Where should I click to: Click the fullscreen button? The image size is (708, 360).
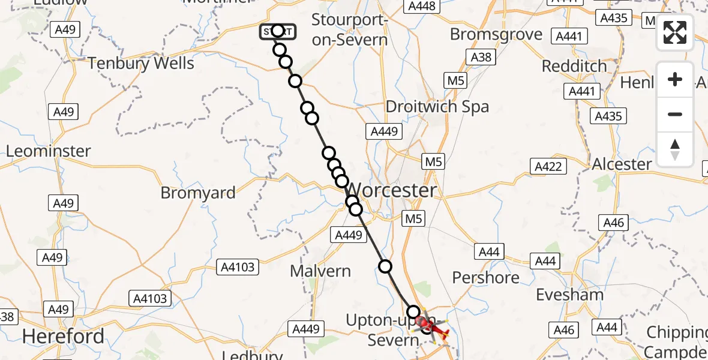coord(675,32)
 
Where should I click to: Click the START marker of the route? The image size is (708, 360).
coord(277,31)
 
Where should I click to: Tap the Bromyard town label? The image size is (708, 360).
coord(198,193)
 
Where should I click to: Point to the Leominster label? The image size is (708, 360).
coord(49,151)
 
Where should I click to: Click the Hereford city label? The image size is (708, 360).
coord(63,335)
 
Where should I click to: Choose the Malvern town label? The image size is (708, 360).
coord(320,271)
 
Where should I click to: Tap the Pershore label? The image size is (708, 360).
coord(486,277)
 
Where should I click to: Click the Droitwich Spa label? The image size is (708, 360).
coord(437,107)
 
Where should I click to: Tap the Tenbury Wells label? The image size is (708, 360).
coord(141,63)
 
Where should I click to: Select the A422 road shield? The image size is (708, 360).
coord(547,166)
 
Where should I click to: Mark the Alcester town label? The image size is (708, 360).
coord(622,164)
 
